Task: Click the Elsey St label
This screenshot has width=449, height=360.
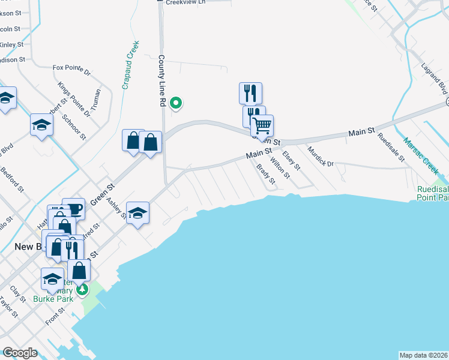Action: click(x=291, y=160)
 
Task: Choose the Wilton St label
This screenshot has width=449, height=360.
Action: click(x=280, y=167)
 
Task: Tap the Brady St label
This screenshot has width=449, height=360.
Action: click(x=265, y=174)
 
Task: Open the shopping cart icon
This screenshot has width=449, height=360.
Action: click(x=262, y=126)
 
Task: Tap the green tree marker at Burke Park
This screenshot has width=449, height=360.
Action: click(x=82, y=290)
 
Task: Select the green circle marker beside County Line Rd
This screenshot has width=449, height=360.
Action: click(x=176, y=103)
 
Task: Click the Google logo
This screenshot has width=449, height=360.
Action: click(x=20, y=353)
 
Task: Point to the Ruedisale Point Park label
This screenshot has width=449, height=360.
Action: click(x=432, y=193)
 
